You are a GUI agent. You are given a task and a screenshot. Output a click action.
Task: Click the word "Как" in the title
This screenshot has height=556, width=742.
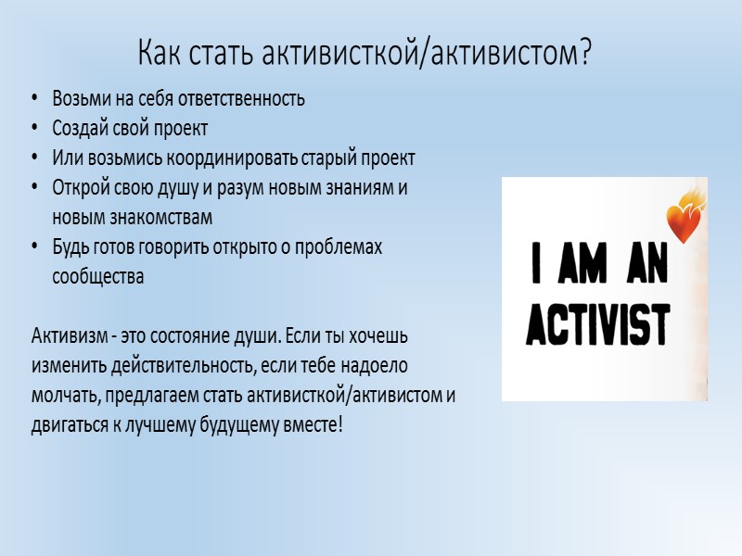[160, 54]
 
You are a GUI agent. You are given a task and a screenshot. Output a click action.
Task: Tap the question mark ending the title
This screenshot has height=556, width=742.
[585, 54]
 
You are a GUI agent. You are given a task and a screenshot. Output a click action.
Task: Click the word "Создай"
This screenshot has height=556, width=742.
[79, 128]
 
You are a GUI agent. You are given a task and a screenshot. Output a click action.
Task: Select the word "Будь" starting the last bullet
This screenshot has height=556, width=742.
[70, 247]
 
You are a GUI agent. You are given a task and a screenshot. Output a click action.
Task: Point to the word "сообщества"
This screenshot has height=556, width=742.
[98, 276]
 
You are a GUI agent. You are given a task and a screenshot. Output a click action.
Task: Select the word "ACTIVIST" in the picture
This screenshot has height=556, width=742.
[598, 324]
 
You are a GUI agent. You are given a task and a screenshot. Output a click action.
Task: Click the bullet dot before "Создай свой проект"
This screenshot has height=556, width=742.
[34, 128]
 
